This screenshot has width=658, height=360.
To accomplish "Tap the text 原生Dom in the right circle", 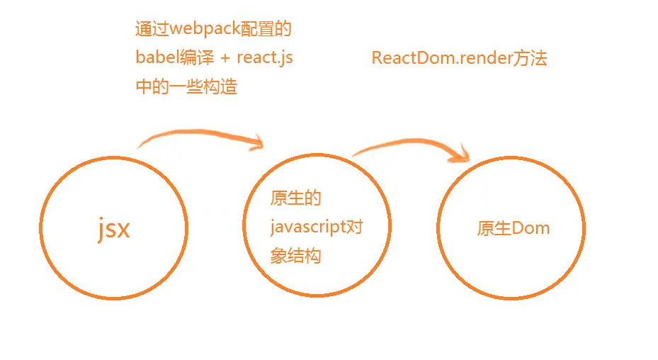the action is pyautogui.click(x=514, y=228).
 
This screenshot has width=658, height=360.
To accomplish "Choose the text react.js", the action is pyautogui.click(x=265, y=58).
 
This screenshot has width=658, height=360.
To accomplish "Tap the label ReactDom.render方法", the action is pyautogui.click(x=459, y=58).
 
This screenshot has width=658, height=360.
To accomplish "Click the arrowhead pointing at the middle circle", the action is pyautogui.click(x=257, y=144).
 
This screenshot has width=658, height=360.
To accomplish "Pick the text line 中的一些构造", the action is pyautogui.click(x=186, y=86).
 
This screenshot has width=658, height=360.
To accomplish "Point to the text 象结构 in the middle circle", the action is pyautogui.click(x=296, y=255).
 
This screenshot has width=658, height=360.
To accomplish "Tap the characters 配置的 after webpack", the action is pyautogui.click(x=266, y=30).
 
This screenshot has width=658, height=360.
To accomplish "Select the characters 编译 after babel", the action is pyautogui.click(x=196, y=58).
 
